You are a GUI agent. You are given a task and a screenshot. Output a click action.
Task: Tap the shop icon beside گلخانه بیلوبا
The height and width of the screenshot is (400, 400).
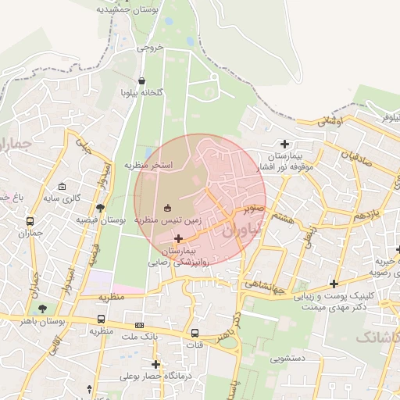(141, 80)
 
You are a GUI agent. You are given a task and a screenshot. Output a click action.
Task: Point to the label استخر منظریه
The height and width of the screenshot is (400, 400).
(148, 166)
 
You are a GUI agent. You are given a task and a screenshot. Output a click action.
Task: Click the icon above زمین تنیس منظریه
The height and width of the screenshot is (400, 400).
(167, 207)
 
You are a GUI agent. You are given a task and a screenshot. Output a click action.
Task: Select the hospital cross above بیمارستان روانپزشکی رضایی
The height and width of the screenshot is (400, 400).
(179, 237)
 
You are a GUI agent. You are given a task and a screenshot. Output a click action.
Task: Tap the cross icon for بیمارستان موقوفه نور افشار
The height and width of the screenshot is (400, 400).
(285, 144)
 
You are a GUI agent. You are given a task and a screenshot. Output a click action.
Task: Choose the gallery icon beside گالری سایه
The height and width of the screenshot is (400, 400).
(62, 187)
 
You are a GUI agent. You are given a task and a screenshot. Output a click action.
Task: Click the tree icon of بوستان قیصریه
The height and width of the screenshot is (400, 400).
(100, 207)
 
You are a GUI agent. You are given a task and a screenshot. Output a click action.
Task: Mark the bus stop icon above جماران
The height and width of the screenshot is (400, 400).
(30, 221)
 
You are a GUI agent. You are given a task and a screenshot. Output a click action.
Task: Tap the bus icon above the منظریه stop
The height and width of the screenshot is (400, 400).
(102, 319)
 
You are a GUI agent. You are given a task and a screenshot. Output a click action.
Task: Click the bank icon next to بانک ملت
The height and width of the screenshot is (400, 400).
(139, 325)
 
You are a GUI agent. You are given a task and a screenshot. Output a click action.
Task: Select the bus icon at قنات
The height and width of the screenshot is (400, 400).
(195, 332)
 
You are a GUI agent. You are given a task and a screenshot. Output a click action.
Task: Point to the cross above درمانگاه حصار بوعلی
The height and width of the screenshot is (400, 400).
(156, 364)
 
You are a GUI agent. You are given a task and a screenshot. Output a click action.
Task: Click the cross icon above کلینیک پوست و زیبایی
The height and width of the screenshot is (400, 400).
(334, 284)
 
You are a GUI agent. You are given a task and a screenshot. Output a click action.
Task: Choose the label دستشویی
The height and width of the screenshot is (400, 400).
(288, 359)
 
